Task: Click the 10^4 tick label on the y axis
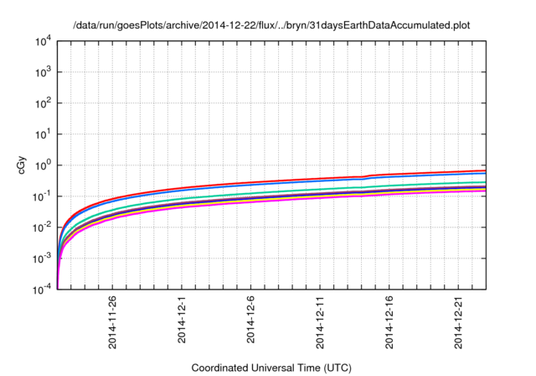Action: click(x=43, y=40)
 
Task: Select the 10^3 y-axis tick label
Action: click(x=43, y=71)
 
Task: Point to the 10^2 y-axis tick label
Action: click(x=43, y=102)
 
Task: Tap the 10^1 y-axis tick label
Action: click(x=43, y=133)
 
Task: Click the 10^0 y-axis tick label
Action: click(x=43, y=164)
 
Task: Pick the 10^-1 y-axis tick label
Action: click(x=43, y=196)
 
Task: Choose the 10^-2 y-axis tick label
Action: click(x=43, y=227)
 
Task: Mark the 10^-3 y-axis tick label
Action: click(x=43, y=258)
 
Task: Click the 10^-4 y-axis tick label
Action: click(x=43, y=289)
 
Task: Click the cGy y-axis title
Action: click(x=23, y=164)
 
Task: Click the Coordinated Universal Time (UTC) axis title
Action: click(x=271, y=368)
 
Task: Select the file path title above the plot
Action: click(x=271, y=25)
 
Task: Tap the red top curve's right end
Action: click(x=485, y=170)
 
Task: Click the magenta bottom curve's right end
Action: click(x=485, y=191)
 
